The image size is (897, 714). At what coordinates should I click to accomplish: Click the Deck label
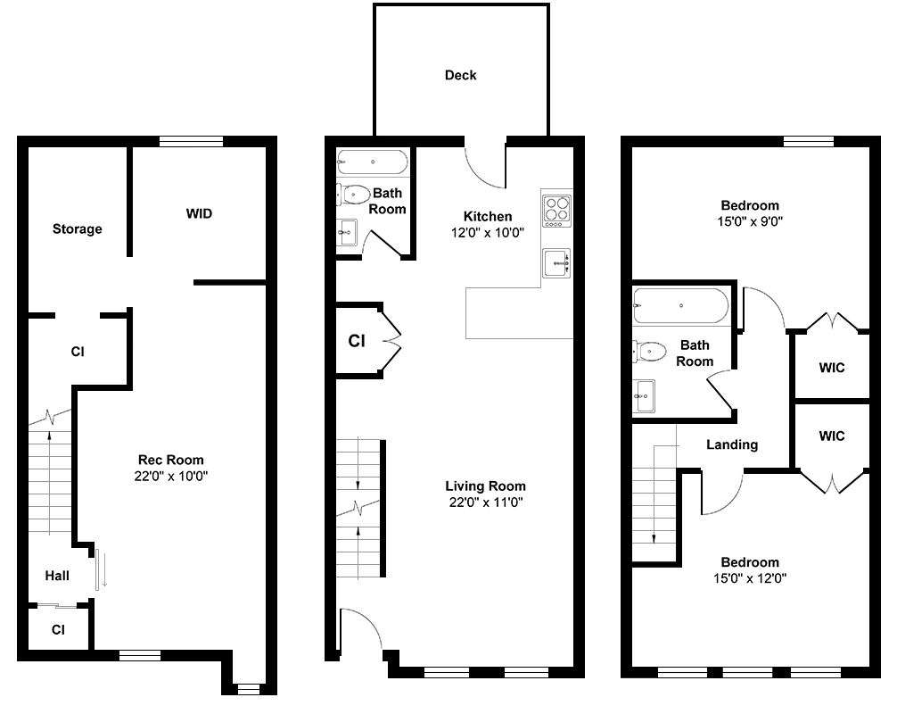pos(460,75)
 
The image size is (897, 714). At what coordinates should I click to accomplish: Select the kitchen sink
pos(556,262)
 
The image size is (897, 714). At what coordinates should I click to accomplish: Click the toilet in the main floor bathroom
pos(353,195)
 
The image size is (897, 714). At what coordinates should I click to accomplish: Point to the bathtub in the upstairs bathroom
pos(680,306)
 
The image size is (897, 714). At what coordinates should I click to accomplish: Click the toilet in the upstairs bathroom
pos(649,351)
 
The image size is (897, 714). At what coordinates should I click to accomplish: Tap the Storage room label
pos(78,229)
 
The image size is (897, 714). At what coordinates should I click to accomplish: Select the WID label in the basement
pos(199,213)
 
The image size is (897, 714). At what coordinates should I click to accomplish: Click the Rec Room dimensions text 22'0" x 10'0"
pos(171,476)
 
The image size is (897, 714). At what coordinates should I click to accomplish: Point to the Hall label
pos(57,576)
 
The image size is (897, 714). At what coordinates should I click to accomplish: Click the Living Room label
pos(486,486)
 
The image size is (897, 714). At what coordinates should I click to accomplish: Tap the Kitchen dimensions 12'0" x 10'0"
pos(488,232)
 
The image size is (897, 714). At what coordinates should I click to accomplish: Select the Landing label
pos(732,444)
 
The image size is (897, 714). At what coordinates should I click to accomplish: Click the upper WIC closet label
pos(832,368)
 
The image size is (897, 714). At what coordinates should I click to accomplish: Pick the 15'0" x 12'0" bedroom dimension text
pos(750,578)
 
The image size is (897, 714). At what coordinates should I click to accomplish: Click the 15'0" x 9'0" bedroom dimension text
pos(750,221)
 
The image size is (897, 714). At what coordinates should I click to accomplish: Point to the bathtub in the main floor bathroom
pos(373,162)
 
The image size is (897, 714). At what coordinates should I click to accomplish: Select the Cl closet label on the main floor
pos(357,341)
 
